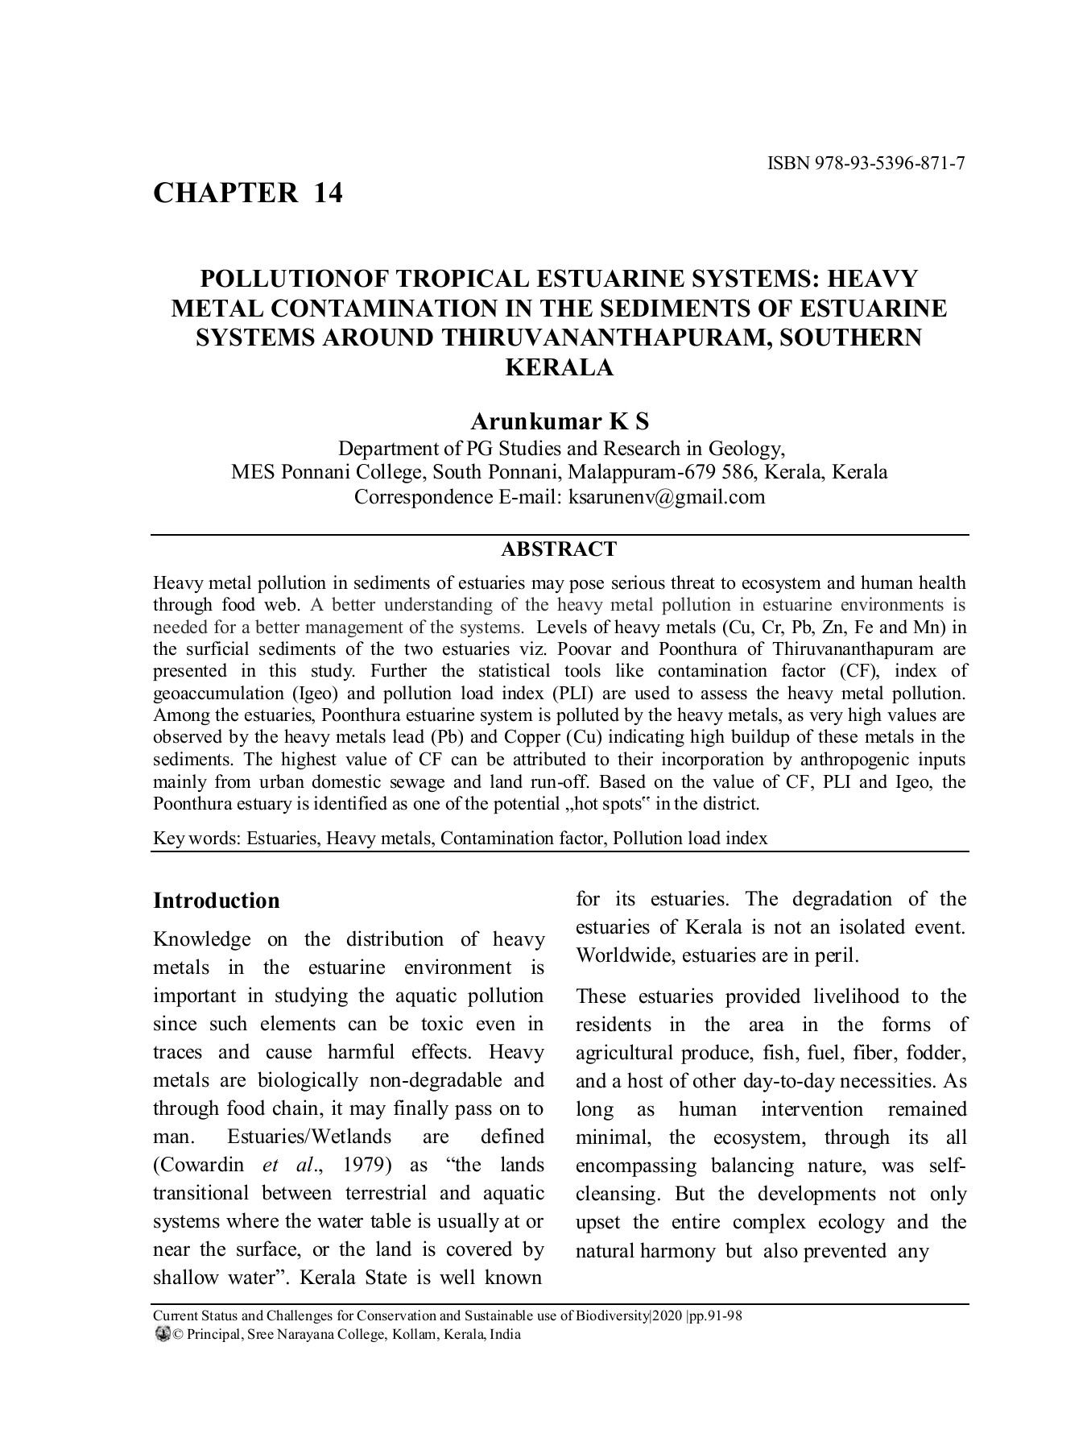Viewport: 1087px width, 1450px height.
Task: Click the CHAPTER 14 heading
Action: (x=248, y=193)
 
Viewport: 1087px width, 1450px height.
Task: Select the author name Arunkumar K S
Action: (x=559, y=421)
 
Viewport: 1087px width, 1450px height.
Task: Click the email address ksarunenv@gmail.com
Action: (x=667, y=496)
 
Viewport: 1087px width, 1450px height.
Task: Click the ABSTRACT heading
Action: (x=559, y=549)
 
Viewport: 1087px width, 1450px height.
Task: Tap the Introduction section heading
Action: (x=216, y=901)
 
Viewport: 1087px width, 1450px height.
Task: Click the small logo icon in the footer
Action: (x=160, y=1335)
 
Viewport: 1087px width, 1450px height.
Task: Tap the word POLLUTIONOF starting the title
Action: (x=283, y=279)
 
